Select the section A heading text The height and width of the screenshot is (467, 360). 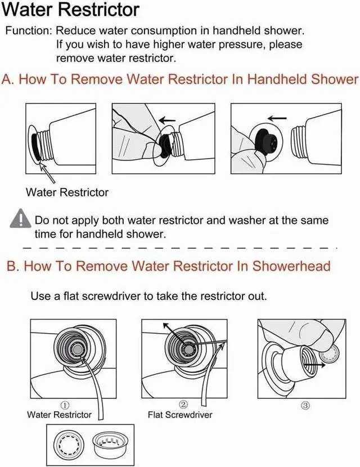180,79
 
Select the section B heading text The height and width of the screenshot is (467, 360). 169,266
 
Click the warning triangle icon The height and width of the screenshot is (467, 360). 22,218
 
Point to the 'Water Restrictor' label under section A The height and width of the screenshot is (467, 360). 67,192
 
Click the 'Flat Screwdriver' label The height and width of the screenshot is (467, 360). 180,415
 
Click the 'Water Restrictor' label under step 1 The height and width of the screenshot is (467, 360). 59,415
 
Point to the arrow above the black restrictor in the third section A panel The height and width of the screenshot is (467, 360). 276,118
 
